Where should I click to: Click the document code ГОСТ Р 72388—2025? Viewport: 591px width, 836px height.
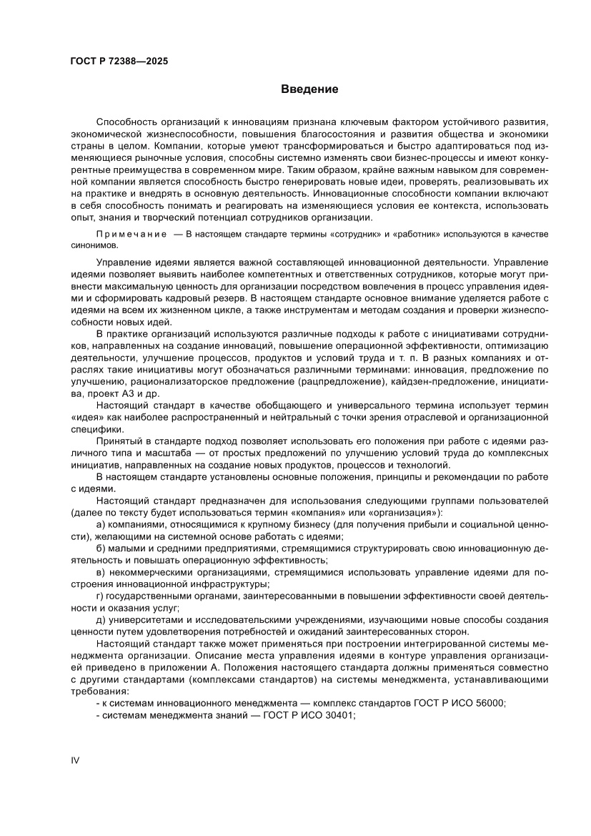click(x=119, y=62)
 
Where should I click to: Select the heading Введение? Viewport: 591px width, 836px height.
click(x=309, y=89)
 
